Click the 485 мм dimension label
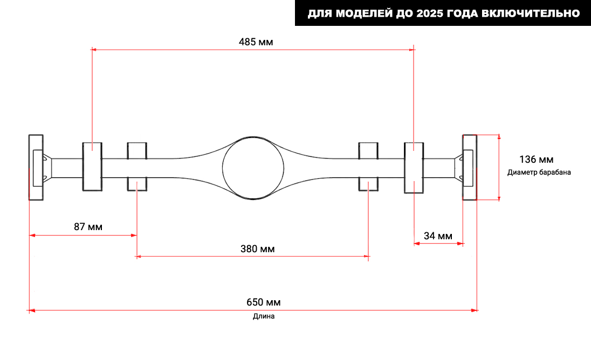[256, 42]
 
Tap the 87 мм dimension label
[88, 227]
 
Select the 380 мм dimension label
[257, 249]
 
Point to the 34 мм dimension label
[438, 236]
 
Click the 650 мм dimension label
[264, 302]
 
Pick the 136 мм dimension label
[536, 160]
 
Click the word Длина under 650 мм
[264, 316]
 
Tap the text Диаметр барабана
[539, 172]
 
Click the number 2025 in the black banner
[430, 13]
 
